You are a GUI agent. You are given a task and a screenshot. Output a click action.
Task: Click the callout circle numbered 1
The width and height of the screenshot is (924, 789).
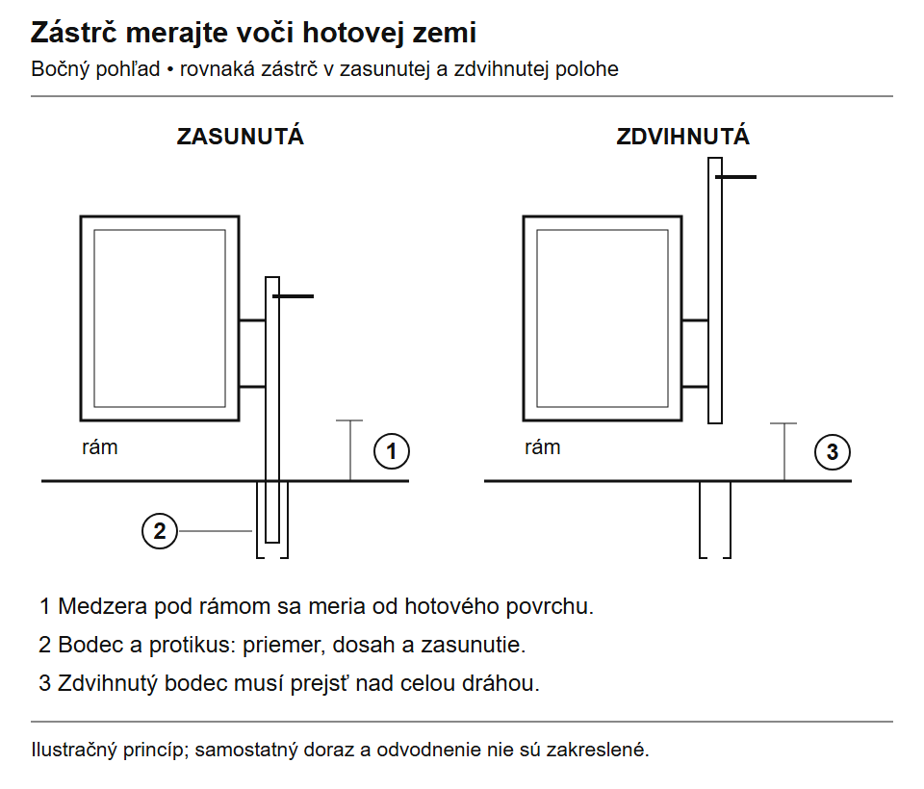point(392,451)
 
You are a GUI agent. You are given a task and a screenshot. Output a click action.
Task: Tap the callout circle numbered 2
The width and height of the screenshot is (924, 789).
point(160,531)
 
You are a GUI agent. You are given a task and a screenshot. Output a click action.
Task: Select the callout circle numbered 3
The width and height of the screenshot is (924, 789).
point(832,452)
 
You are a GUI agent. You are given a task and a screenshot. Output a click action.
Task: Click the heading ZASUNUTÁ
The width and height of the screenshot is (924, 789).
point(241,136)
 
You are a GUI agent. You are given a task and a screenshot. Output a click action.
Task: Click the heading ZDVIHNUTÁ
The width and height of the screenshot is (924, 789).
point(683,136)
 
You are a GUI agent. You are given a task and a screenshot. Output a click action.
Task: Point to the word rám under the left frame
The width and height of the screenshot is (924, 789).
point(99,447)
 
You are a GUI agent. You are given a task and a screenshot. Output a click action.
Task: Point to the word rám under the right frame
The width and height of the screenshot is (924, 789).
point(542,447)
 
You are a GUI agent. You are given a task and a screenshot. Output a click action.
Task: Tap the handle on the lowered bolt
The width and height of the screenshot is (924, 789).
point(294,296)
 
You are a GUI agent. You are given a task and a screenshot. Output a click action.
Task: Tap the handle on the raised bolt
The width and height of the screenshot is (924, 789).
point(736,177)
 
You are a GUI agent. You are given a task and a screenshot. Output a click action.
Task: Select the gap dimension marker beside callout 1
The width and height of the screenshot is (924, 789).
point(350,450)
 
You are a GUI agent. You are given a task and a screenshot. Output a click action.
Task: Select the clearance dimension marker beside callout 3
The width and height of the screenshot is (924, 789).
point(784,452)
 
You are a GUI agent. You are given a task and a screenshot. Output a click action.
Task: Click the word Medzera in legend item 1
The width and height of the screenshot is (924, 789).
point(102,606)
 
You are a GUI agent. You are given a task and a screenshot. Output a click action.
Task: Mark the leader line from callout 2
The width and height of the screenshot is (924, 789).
point(215,531)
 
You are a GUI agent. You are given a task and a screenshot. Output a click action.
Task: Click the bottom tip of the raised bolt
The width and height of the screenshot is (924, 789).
point(715,423)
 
